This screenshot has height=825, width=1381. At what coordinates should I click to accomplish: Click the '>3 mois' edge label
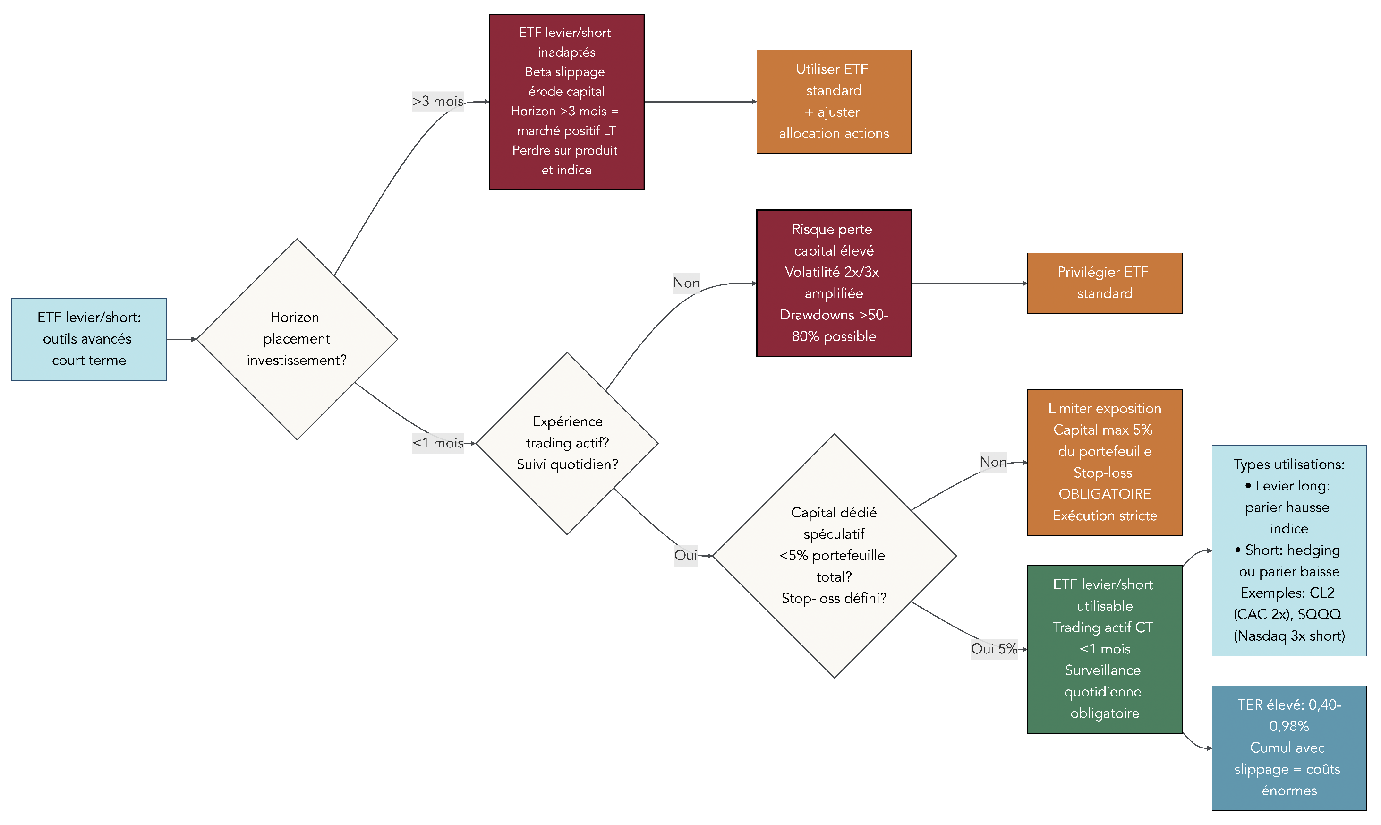tap(437, 101)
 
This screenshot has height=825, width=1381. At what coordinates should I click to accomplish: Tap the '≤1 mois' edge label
tap(437, 443)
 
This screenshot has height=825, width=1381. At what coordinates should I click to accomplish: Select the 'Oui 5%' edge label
tap(993, 649)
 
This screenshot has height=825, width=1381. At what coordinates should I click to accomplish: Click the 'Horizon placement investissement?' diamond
tap(297, 339)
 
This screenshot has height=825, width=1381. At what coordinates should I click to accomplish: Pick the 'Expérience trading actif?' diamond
tap(567, 443)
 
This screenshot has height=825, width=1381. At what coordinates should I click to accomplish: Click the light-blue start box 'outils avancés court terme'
tap(89, 339)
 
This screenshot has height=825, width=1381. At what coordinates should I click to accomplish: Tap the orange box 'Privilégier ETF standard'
tap(1104, 283)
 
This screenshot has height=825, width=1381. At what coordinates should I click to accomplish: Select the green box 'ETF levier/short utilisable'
tap(1104, 649)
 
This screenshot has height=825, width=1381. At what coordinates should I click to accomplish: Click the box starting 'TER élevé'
tap(1288, 748)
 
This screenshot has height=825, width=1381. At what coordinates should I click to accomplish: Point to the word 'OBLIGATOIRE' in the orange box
tap(1104, 494)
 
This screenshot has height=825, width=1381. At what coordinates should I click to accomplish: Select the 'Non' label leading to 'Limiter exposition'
tap(992, 462)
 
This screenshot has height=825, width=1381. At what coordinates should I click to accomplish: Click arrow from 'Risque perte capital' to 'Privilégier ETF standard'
tap(969, 283)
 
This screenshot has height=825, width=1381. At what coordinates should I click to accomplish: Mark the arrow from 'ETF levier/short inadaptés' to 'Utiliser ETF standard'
tap(700, 102)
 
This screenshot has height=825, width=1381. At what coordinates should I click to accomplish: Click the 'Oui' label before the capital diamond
tap(685, 555)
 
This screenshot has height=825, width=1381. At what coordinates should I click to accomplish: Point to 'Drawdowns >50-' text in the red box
tap(833, 315)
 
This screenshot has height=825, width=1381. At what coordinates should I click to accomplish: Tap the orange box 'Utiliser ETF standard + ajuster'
tap(833, 102)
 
